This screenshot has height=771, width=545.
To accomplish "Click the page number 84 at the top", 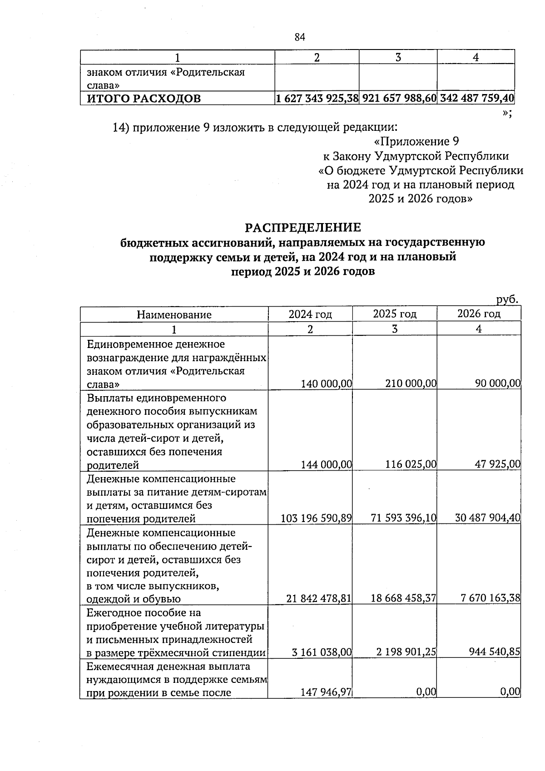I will tap(300, 37).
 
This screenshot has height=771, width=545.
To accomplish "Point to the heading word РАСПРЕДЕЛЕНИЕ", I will tap(303, 227).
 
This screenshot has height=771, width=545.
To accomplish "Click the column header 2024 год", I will tap(310, 314).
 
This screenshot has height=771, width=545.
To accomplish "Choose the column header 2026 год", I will tap(479, 313).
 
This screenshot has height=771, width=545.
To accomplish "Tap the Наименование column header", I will tap(174, 314).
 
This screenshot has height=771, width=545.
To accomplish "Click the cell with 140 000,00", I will tap(327, 384).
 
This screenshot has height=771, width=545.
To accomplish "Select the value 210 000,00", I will tap(411, 384).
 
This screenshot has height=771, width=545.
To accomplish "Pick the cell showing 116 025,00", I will tap(411, 464).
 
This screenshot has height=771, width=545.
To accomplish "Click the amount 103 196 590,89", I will tap(317, 518).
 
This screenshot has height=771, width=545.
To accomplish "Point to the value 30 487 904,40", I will tap(487, 518).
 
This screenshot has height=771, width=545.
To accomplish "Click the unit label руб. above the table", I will tap(507, 299).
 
